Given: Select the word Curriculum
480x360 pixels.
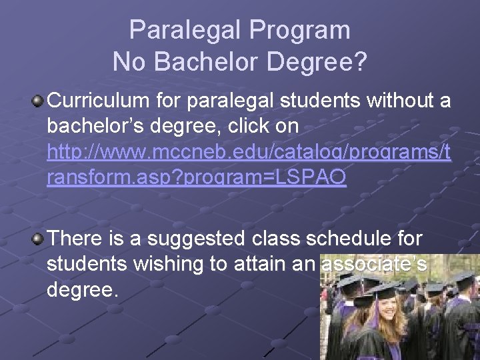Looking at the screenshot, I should (x=99, y=101).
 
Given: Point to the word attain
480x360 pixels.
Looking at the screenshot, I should (x=257, y=264).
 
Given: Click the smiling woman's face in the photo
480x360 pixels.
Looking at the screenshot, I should (x=384, y=313).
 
